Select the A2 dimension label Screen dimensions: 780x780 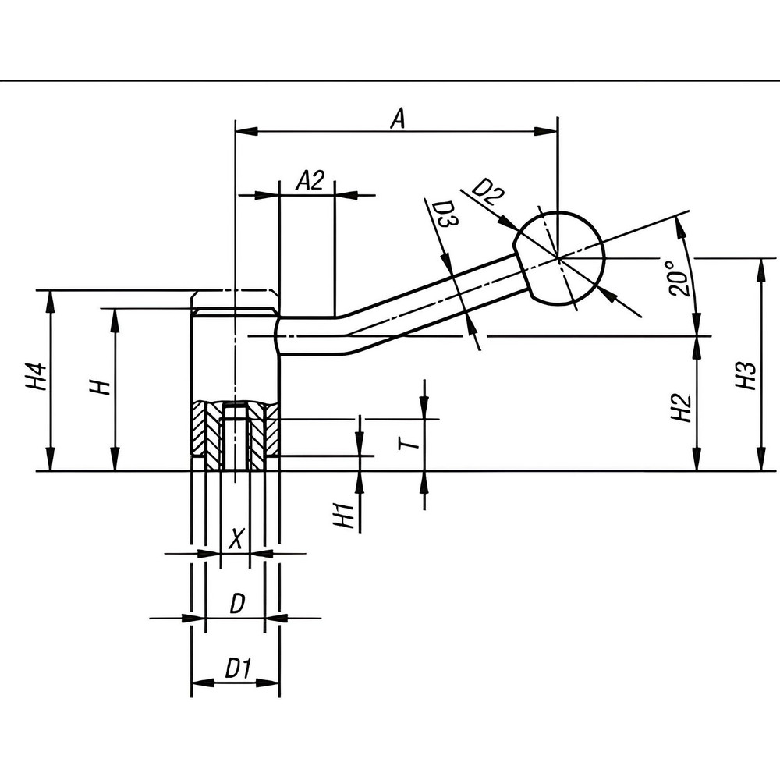[310, 182]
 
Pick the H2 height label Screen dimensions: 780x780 [681, 407]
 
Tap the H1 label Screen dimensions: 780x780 [344, 517]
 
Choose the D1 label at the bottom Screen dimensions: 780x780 [237, 668]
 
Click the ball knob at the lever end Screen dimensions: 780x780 [560, 257]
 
